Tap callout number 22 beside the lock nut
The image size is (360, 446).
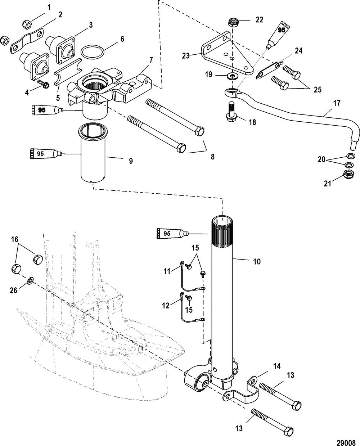pyautogui.click(x=259, y=20)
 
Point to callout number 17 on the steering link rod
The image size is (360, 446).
pyautogui.click(x=337, y=103)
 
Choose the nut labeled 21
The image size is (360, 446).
pyautogui.click(x=349, y=174)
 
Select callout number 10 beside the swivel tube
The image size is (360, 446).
pyautogui.click(x=257, y=261)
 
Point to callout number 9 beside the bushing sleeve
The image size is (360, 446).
pyautogui.click(x=131, y=161)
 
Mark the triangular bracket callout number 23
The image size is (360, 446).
pyautogui.click(x=186, y=56)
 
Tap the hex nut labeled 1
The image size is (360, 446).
pyautogui.click(x=27, y=24)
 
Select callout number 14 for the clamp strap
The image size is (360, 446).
pyautogui.click(x=277, y=366)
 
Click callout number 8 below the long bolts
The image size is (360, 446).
pyautogui.click(x=212, y=157)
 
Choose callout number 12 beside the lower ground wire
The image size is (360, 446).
pyautogui.click(x=166, y=306)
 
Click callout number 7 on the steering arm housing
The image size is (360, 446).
pyautogui.click(x=151, y=60)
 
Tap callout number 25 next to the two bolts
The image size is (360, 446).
pyautogui.click(x=318, y=90)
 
